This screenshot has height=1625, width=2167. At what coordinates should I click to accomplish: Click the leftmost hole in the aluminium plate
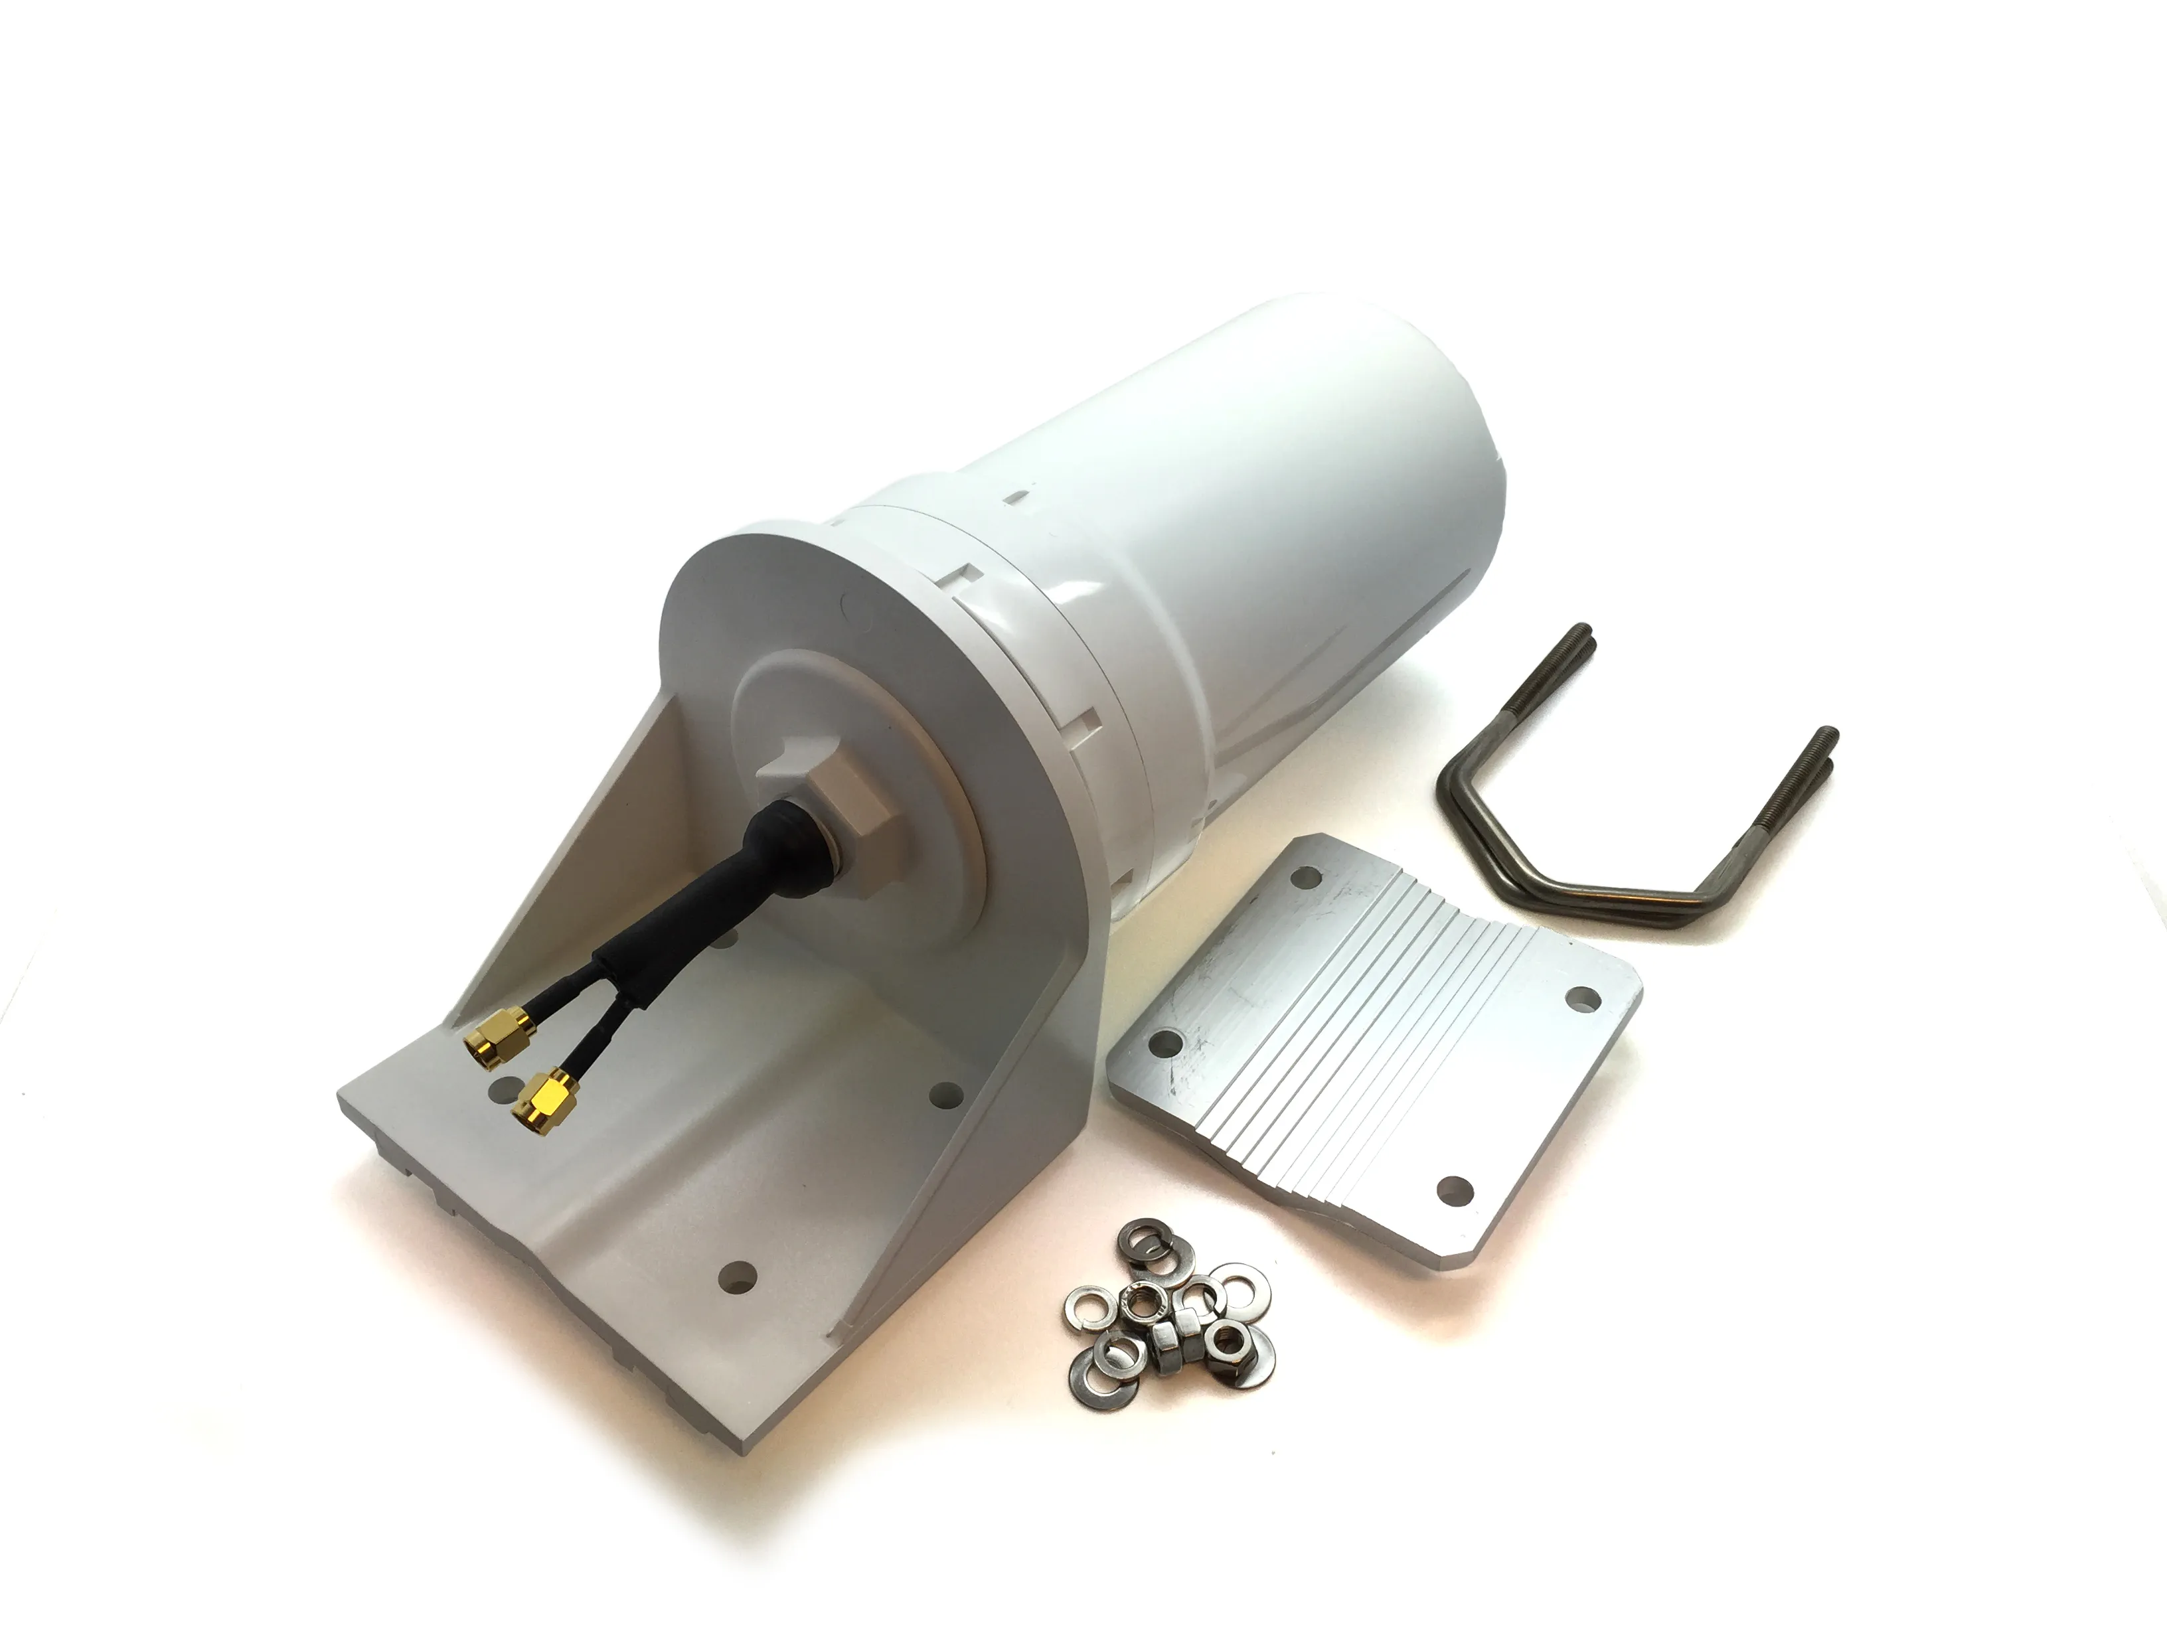tap(1166, 1040)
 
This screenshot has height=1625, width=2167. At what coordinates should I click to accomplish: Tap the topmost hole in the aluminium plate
tap(1306, 875)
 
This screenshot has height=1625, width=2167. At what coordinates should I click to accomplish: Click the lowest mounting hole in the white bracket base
tap(737, 1275)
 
